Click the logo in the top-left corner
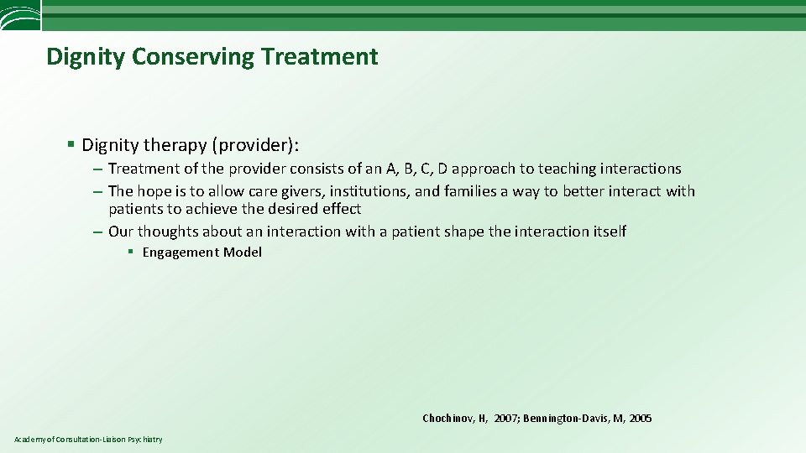tap(20, 16)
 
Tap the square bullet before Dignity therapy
tap(72, 145)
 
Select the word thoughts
tap(166, 231)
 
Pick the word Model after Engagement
tap(243, 253)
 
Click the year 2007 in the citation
tap(505, 418)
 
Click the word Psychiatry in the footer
tap(145, 440)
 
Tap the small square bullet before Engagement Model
tap(130, 253)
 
